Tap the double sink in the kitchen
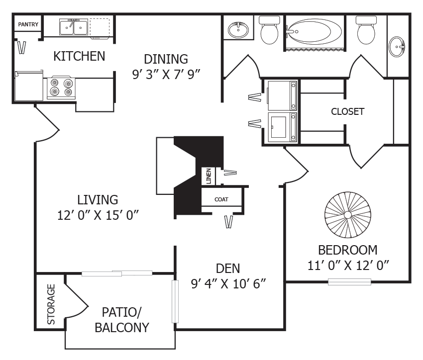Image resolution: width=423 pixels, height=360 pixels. click(x=74, y=27)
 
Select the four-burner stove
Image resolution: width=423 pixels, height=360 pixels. click(x=61, y=88)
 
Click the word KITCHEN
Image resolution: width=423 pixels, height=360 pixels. click(x=80, y=56)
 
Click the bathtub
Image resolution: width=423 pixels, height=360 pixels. click(x=315, y=33)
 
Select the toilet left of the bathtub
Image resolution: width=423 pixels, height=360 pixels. click(x=269, y=30)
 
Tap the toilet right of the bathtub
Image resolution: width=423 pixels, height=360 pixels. click(x=366, y=30)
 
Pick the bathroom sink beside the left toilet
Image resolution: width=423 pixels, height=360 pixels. click(x=238, y=30)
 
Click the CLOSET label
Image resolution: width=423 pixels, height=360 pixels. click(x=347, y=111)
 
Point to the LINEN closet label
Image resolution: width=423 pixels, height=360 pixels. click(x=209, y=176)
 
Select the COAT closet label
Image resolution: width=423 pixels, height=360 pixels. click(x=221, y=199)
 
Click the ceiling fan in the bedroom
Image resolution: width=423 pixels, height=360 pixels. click(x=348, y=216)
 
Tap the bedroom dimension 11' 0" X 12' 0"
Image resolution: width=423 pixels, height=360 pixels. click(x=348, y=265)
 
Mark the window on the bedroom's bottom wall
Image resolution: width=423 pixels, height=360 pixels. click(x=349, y=282)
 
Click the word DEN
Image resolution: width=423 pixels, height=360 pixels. click(x=228, y=269)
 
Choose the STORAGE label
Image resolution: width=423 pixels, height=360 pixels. click(x=51, y=304)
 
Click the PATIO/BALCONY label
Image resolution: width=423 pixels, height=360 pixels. click(x=122, y=320)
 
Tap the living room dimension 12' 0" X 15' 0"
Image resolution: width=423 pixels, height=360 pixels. click(x=98, y=215)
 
